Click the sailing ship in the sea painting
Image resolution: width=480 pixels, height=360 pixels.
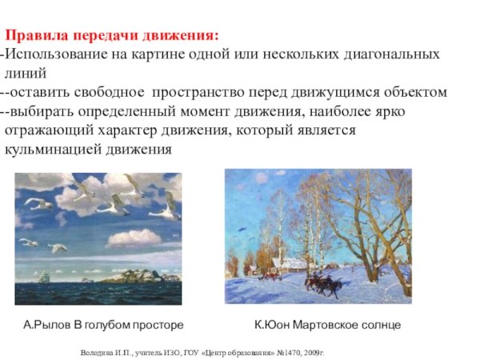(45, 277)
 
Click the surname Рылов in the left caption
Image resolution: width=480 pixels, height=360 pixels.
(54, 325)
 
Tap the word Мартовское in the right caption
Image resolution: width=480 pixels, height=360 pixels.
(320, 325)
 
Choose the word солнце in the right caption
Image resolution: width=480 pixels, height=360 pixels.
(379, 325)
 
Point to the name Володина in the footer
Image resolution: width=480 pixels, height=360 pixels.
(98, 352)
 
